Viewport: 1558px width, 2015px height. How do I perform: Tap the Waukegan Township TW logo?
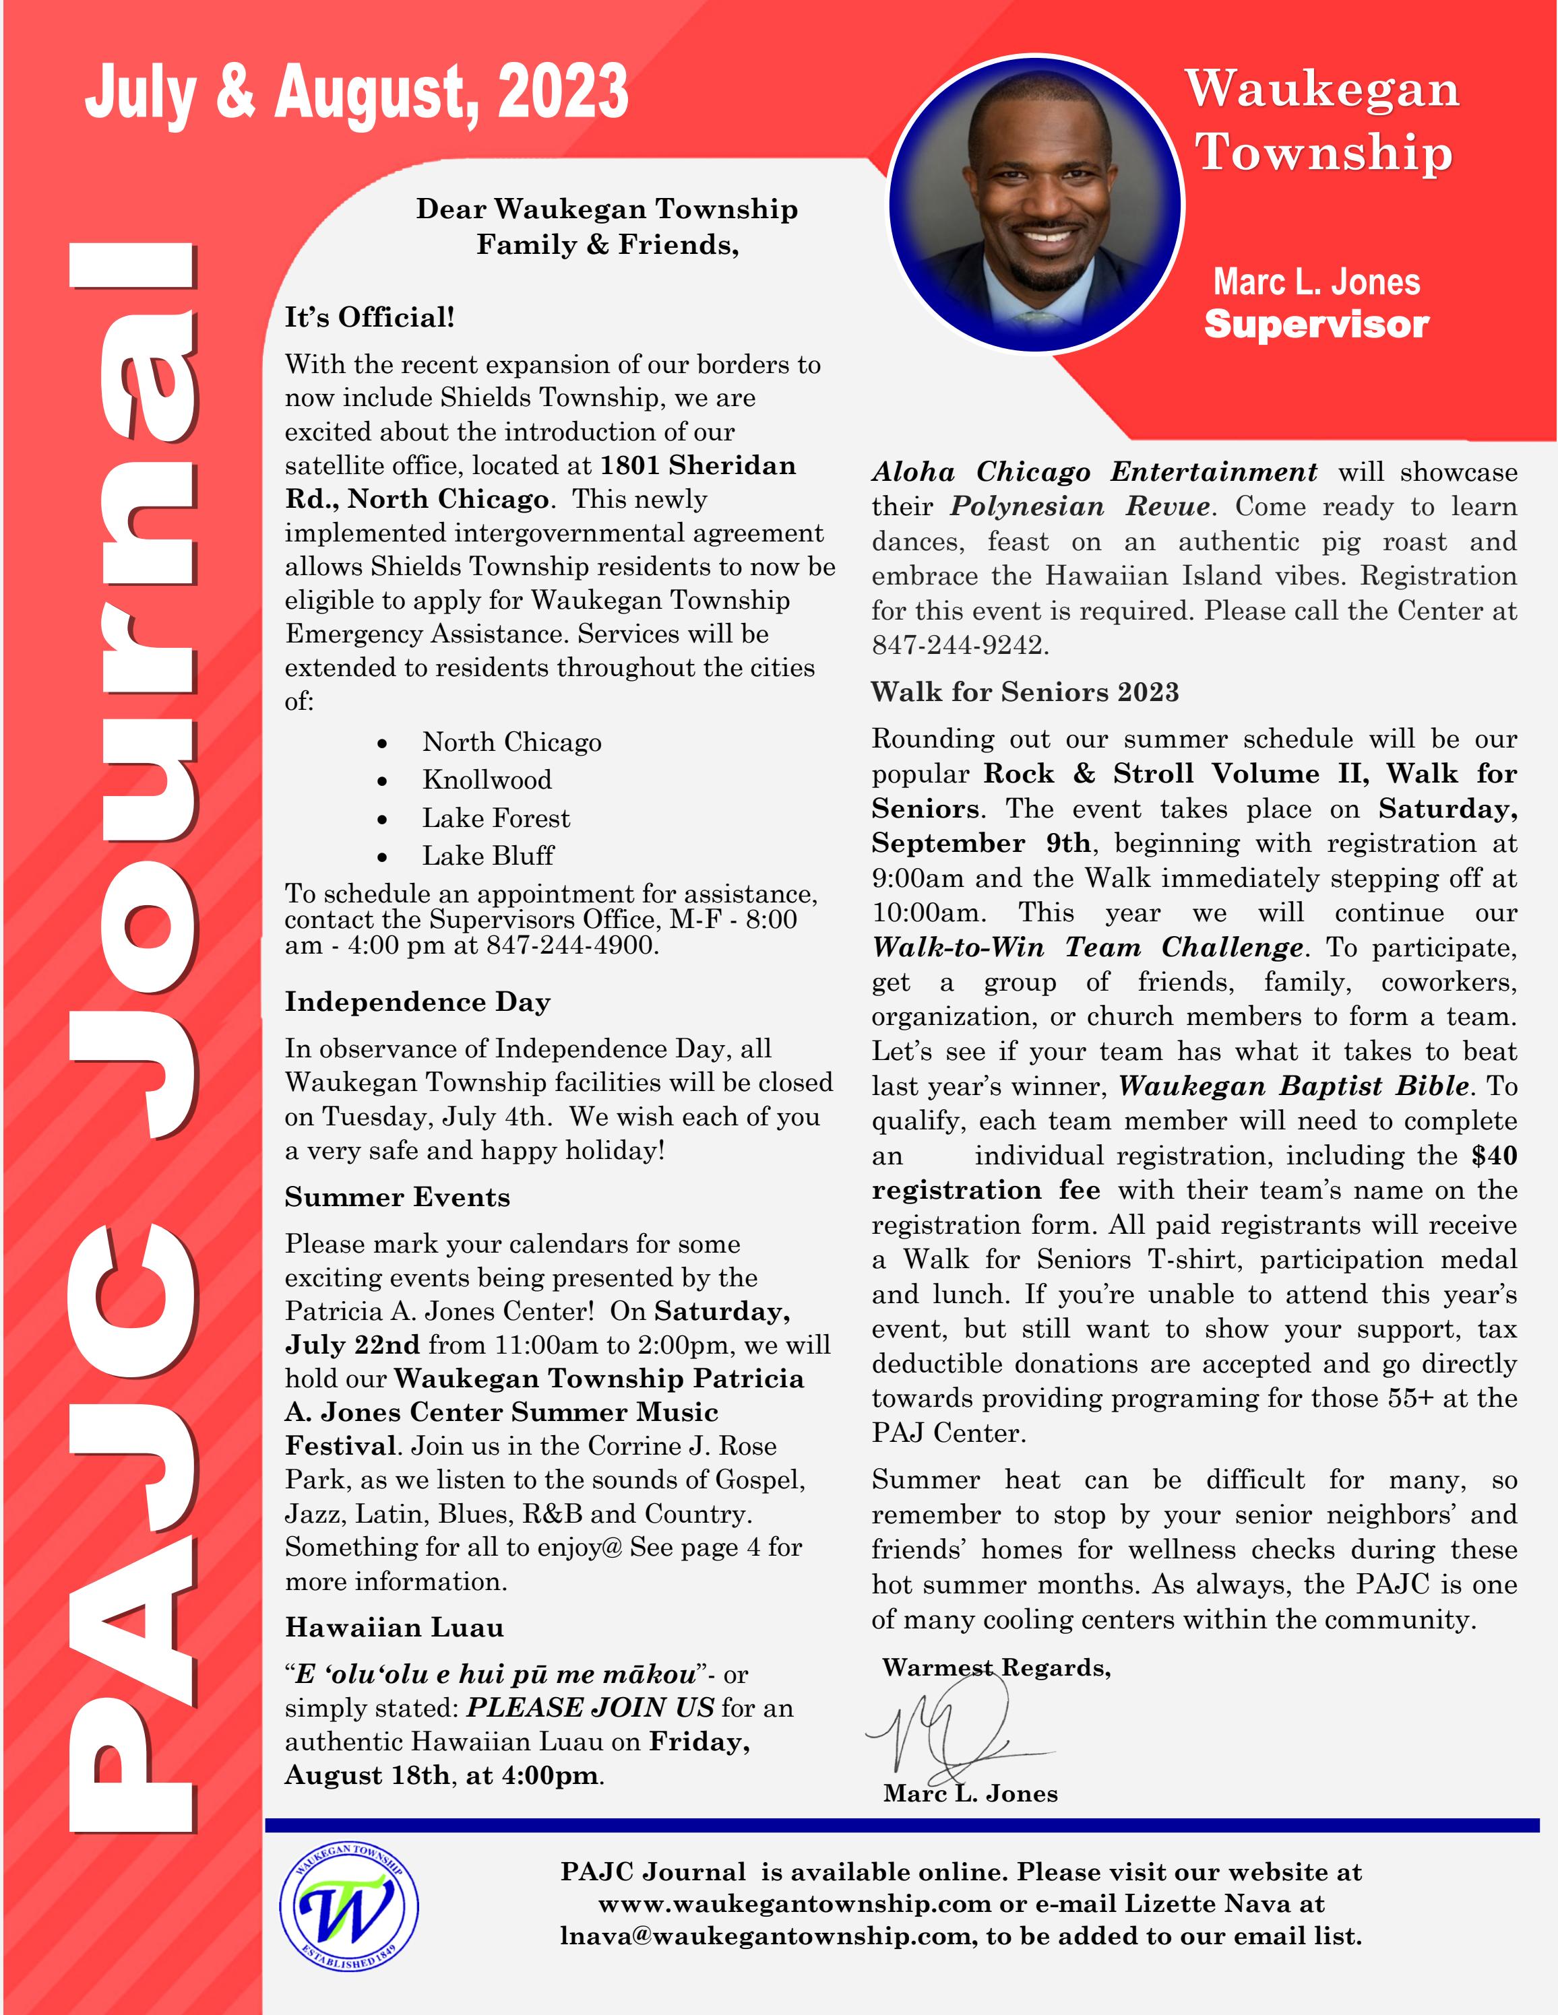(349, 1908)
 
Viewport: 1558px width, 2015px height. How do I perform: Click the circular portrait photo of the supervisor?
(1036, 205)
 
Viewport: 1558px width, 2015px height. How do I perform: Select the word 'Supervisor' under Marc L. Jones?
(1316, 325)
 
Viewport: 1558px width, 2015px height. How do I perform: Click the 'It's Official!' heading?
(369, 317)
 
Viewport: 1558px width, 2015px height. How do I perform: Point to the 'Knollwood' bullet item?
(487, 781)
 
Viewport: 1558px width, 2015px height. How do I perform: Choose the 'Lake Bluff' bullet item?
(487, 856)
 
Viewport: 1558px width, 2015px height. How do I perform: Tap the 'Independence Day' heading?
(417, 1002)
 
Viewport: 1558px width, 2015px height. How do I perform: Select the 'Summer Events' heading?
(397, 1197)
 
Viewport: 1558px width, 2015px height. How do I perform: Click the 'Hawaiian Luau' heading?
(394, 1628)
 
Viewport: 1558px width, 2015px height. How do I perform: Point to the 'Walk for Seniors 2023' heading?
(1024, 693)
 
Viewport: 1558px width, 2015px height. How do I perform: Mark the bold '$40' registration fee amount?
(1494, 1156)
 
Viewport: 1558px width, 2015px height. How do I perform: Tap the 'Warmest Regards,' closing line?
(996, 1668)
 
